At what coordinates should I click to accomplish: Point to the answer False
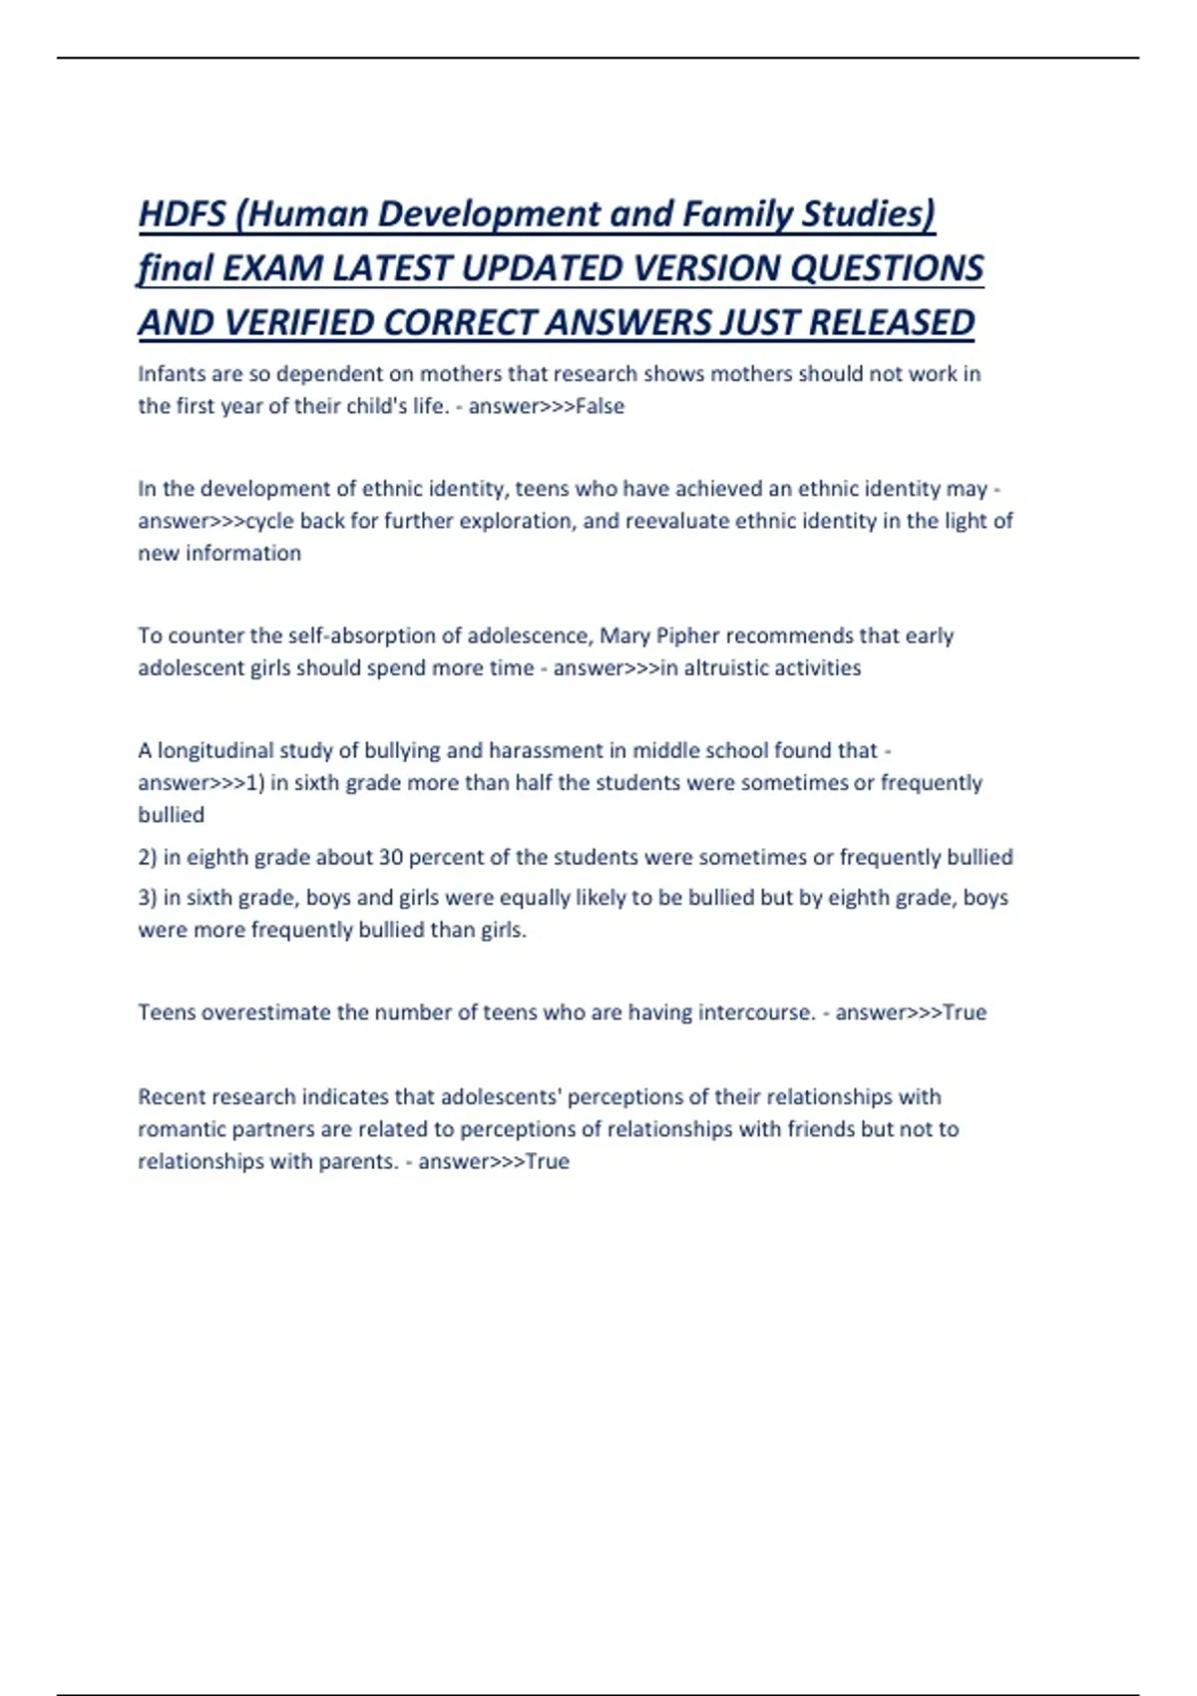point(599,406)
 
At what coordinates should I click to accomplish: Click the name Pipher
point(685,636)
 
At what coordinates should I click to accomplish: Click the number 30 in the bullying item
point(390,857)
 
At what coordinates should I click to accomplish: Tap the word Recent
point(168,1097)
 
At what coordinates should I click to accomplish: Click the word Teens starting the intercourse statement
point(167,1013)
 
